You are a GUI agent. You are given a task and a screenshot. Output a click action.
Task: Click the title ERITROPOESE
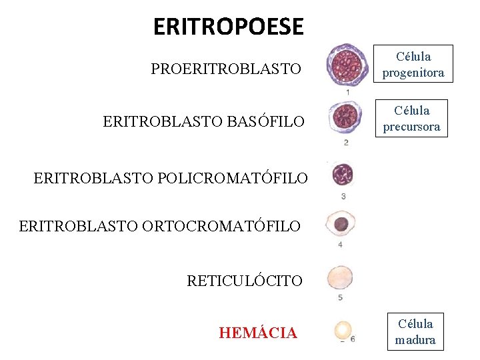(228, 27)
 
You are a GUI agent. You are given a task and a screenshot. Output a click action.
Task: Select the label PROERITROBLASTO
(226, 69)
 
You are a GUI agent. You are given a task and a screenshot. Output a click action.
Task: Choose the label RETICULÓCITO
(244, 281)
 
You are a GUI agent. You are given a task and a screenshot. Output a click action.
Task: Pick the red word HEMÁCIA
(258, 333)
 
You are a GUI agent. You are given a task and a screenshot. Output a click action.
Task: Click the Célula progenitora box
(413, 65)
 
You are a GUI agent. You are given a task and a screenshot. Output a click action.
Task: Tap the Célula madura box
(415, 331)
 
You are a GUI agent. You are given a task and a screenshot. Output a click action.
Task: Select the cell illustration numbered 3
(343, 175)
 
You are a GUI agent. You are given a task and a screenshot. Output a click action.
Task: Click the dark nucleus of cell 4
(341, 224)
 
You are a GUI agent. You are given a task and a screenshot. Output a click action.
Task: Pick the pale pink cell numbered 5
(341, 277)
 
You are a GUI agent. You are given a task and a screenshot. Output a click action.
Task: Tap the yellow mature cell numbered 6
(343, 329)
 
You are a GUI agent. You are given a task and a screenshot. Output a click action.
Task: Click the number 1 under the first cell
(348, 92)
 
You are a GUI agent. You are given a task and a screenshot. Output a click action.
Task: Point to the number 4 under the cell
(341, 245)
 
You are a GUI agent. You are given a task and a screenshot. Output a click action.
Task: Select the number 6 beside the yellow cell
(352, 339)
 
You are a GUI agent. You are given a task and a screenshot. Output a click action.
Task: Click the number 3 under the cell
(343, 196)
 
